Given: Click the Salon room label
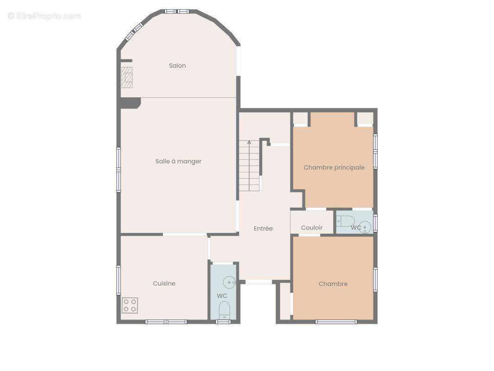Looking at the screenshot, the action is tap(177, 65).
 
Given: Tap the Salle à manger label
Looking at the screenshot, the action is tap(178, 161).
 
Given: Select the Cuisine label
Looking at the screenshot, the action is tap(164, 283).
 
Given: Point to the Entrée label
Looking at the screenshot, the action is tap(263, 229).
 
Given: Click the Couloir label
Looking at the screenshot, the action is tap(311, 228).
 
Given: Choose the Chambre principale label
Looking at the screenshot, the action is tap(334, 167).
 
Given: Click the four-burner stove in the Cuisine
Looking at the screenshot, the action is tap(130, 305).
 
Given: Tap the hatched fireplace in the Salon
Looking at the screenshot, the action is tap(127, 77).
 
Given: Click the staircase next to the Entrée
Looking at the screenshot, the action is tap(249, 166).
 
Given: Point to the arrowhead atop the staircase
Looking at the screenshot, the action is tap(249, 142).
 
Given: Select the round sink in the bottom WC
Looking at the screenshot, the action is tap(229, 282).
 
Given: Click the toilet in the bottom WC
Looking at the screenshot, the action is tap(224, 310).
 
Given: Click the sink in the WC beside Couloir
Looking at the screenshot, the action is tap(365, 227).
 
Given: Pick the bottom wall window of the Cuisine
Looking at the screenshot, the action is tap(166, 322).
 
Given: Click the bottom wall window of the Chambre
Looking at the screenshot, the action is tap(336, 322).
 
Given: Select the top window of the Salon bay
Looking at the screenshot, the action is tap(177, 12).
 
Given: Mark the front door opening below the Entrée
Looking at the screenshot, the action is tap(259, 282).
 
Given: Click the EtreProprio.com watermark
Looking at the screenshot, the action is tap(44, 16).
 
